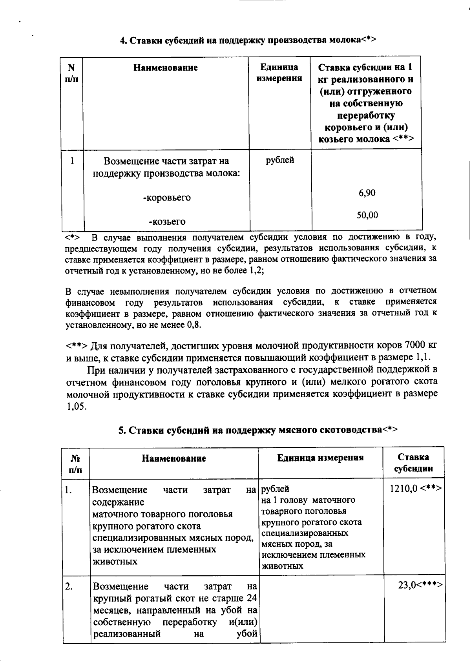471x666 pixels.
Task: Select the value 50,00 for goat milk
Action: [x=367, y=215]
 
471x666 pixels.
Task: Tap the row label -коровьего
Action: [x=167, y=198]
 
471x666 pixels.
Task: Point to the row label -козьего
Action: [x=167, y=222]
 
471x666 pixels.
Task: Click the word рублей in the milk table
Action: [x=280, y=160]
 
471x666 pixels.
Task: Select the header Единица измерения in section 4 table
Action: [x=279, y=73]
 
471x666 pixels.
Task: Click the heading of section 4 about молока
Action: [x=248, y=40]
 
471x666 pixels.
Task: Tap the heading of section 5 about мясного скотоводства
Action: [x=258, y=430]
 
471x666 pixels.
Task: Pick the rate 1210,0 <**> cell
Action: [x=415, y=489]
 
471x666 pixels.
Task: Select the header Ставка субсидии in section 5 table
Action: [x=413, y=463]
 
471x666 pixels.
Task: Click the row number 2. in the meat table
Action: [x=69, y=586]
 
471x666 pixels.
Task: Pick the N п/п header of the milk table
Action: [x=71, y=73]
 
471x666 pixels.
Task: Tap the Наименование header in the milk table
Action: [x=166, y=68]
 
